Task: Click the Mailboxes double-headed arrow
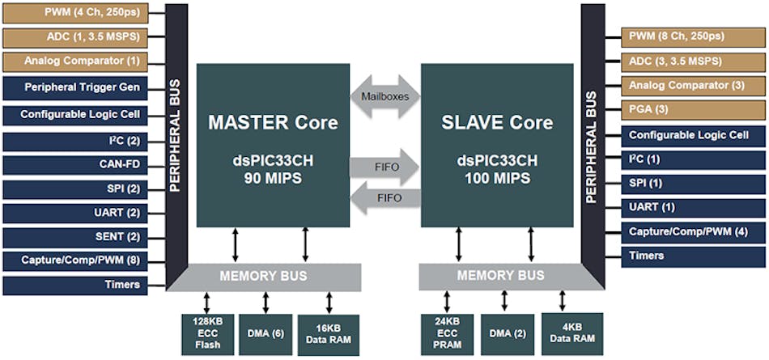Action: pos(384,96)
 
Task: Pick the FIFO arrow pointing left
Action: pos(384,197)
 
